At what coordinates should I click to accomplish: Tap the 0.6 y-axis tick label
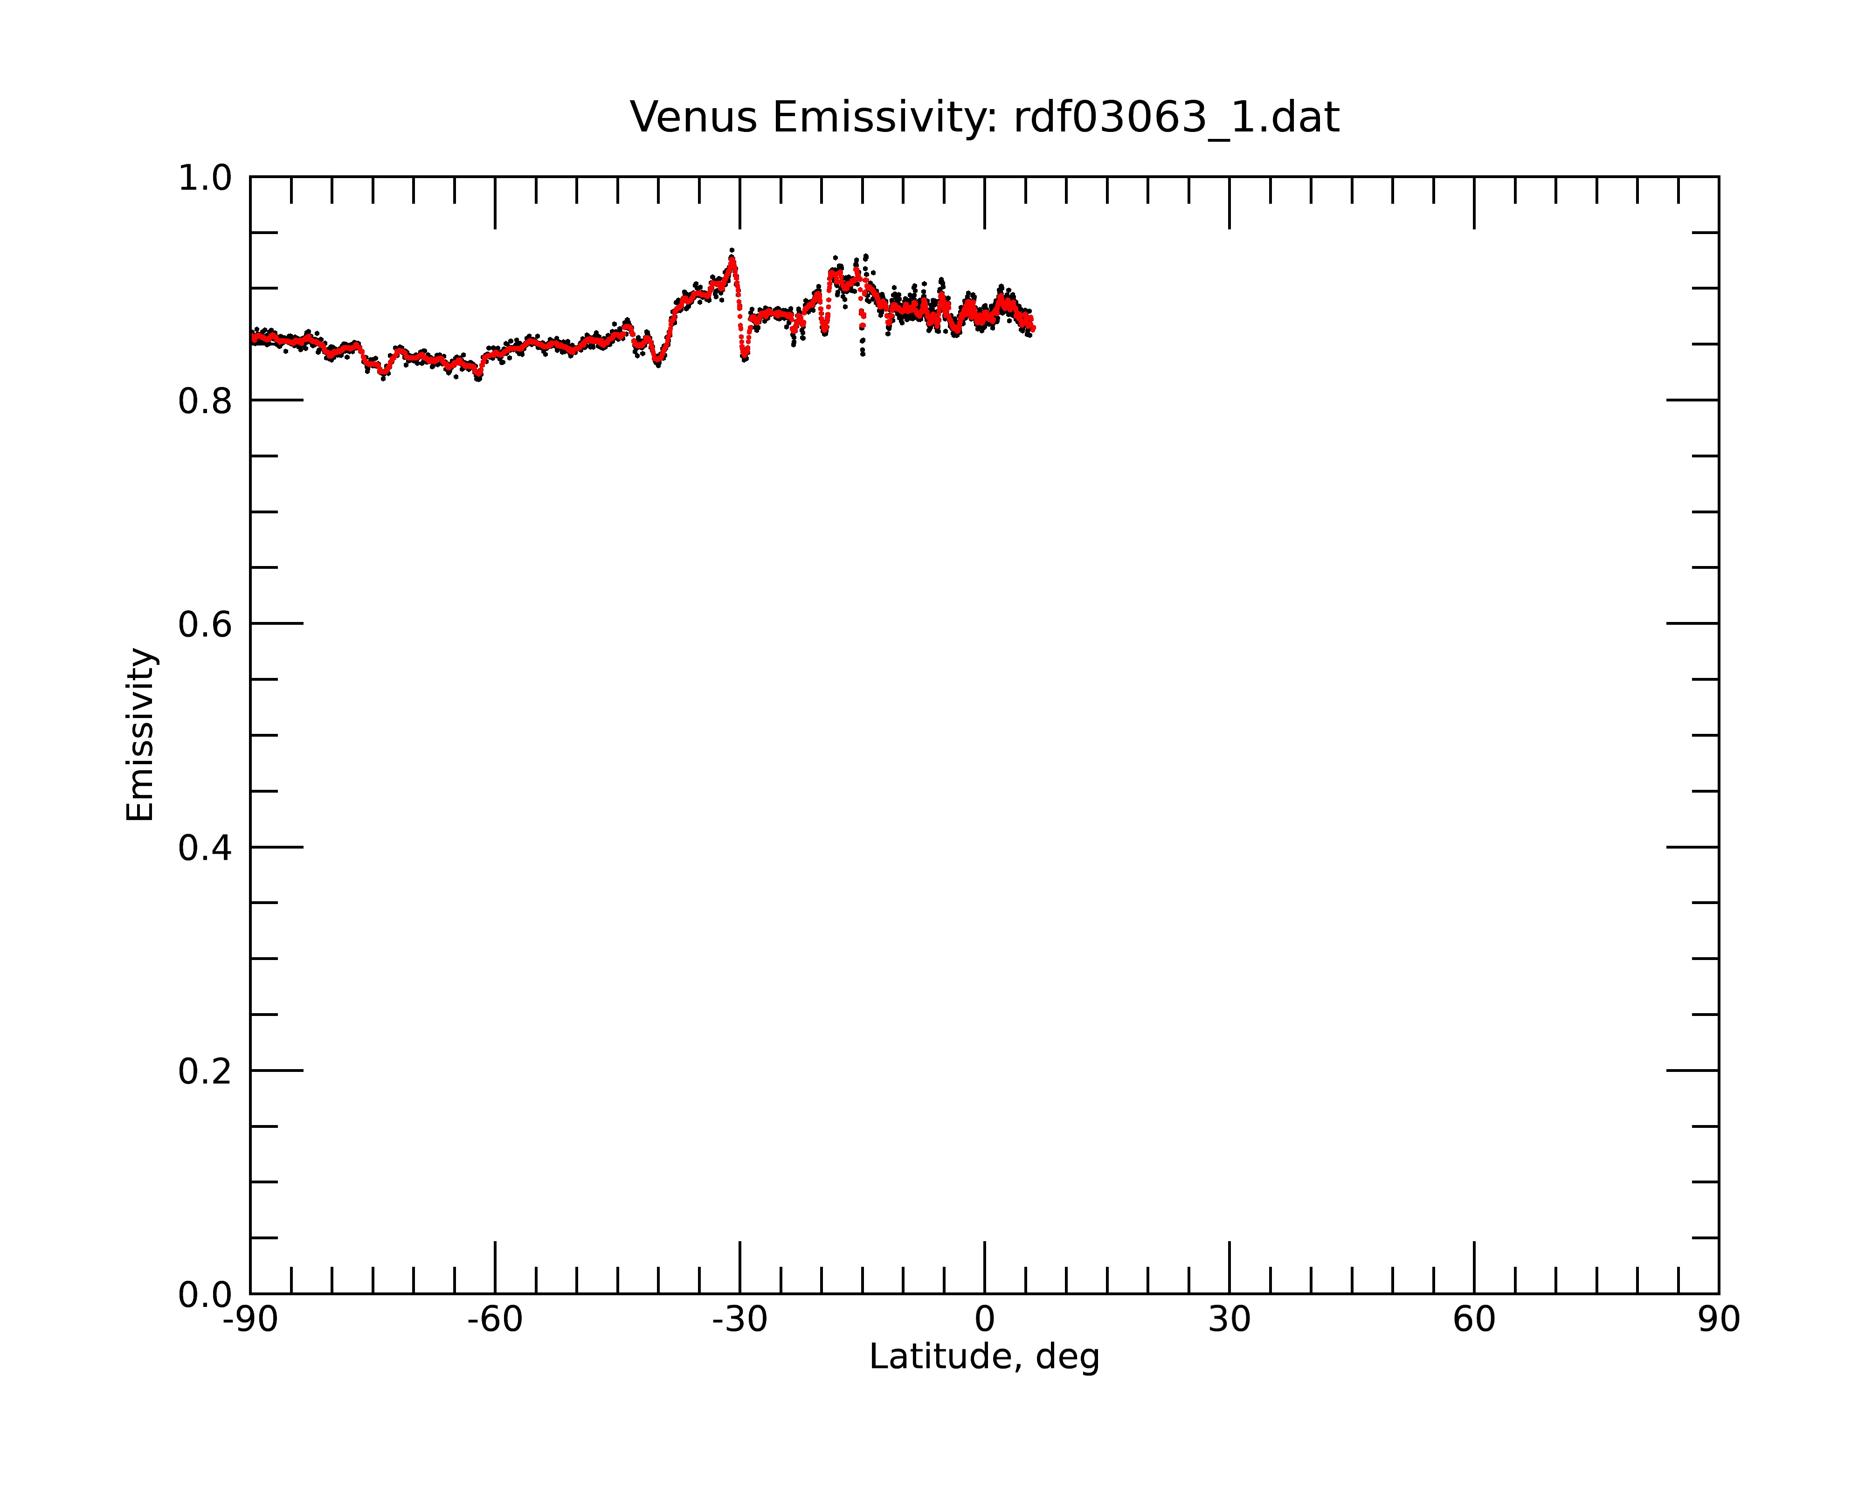(205, 624)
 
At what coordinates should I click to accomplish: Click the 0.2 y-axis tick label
(205, 1071)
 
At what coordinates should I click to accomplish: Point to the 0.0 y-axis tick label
(205, 1296)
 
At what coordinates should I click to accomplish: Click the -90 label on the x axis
(250, 1320)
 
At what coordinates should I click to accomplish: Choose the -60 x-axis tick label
(495, 1320)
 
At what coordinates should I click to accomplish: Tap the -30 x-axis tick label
(739, 1320)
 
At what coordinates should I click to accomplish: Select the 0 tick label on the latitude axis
(984, 1320)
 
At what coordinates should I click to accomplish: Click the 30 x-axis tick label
(1229, 1320)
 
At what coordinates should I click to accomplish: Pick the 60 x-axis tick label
(1474, 1320)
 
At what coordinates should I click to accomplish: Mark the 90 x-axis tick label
(1719, 1320)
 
